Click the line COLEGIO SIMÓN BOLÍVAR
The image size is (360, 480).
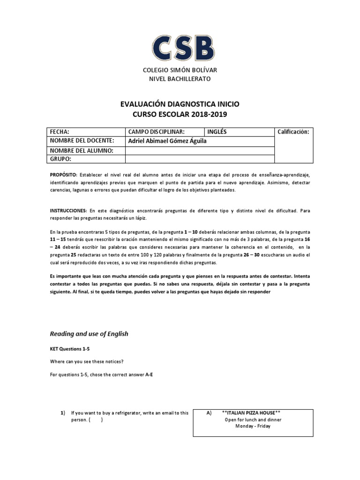click(x=180, y=70)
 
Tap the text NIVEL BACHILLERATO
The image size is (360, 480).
click(x=180, y=78)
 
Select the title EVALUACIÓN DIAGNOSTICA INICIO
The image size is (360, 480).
click(x=180, y=105)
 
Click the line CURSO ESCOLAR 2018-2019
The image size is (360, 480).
click(x=180, y=114)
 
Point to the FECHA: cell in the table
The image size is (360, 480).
click(x=60, y=132)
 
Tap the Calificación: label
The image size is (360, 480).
click(x=293, y=132)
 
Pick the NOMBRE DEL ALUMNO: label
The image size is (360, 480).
click(x=82, y=150)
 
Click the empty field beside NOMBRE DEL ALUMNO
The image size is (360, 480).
click(x=199, y=150)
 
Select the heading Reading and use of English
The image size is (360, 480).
click(x=89, y=334)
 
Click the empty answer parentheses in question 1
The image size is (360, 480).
click(x=95, y=420)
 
